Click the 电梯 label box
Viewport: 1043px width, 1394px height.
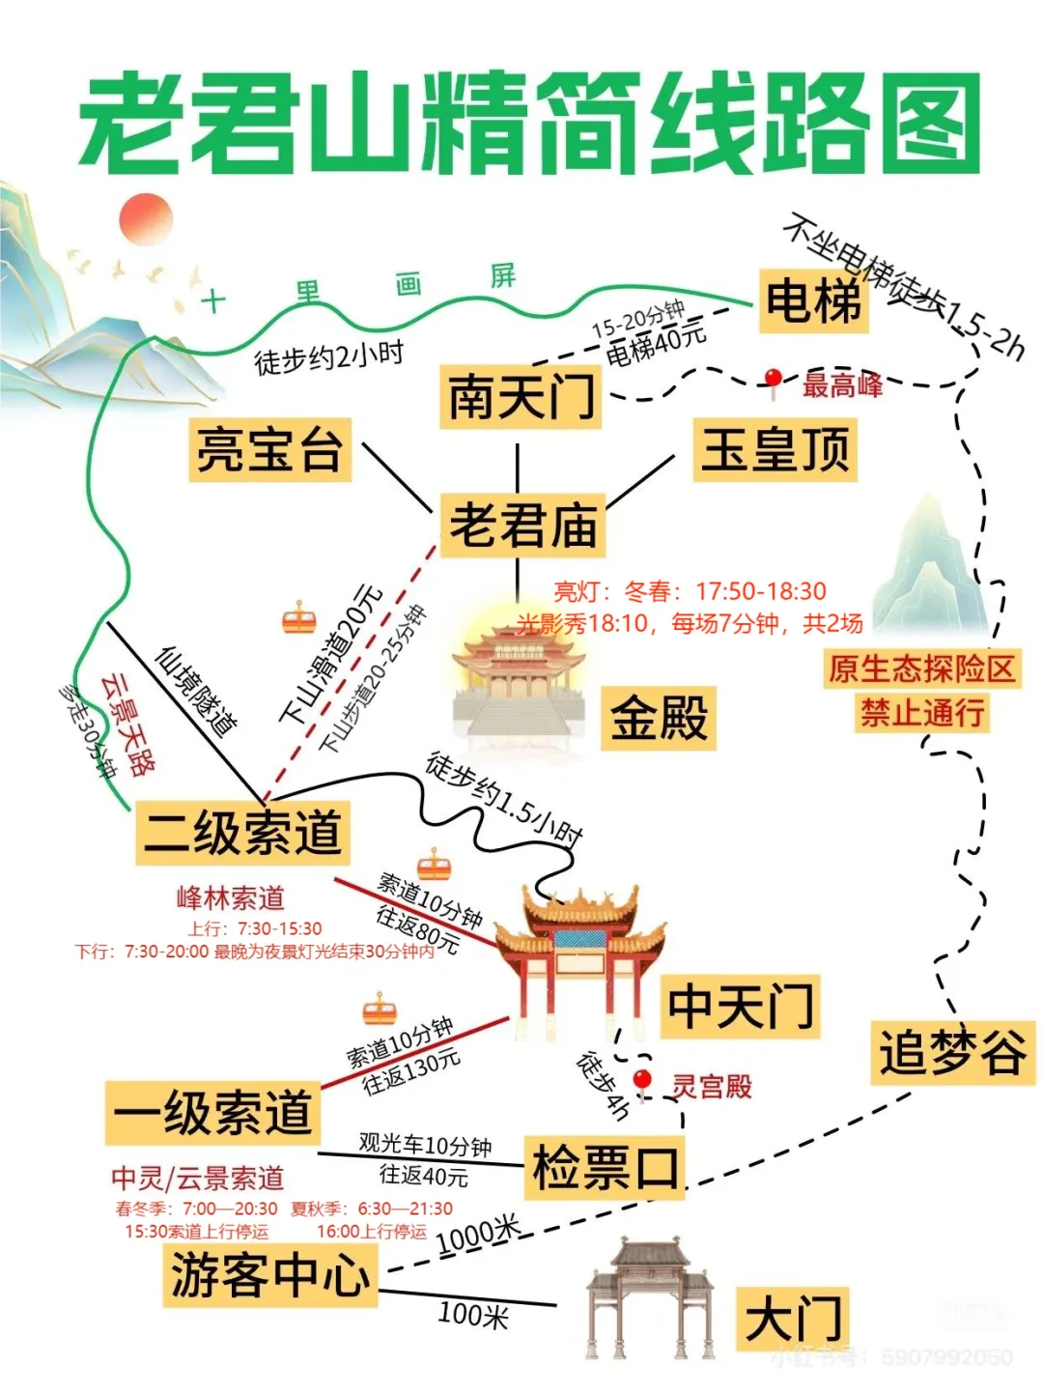click(x=812, y=301)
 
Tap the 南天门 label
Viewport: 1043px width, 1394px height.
click(x=521, y=396)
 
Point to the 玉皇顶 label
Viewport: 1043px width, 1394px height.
click(x=775, y=449)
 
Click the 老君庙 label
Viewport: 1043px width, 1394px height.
click(x=522, y=526)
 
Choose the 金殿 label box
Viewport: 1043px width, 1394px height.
click(x=660, y=718)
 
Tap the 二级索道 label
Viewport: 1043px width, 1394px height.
click(x=241, y=832)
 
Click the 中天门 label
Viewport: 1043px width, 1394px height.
click(x=740, y=1006)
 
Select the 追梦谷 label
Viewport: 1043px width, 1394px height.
click(x=951, y=1052)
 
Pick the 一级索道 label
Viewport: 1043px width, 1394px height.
click(x=212, y=1113)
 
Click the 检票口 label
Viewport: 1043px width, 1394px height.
click(x=605, y=1168)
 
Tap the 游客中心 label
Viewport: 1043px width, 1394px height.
click(x=269, y=1275)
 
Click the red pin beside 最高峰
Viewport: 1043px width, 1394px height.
click(x=773, y=381)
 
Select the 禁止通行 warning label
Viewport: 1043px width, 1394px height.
click(x=922, y=713)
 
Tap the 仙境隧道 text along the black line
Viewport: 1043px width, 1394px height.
click(x=197, y=690)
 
